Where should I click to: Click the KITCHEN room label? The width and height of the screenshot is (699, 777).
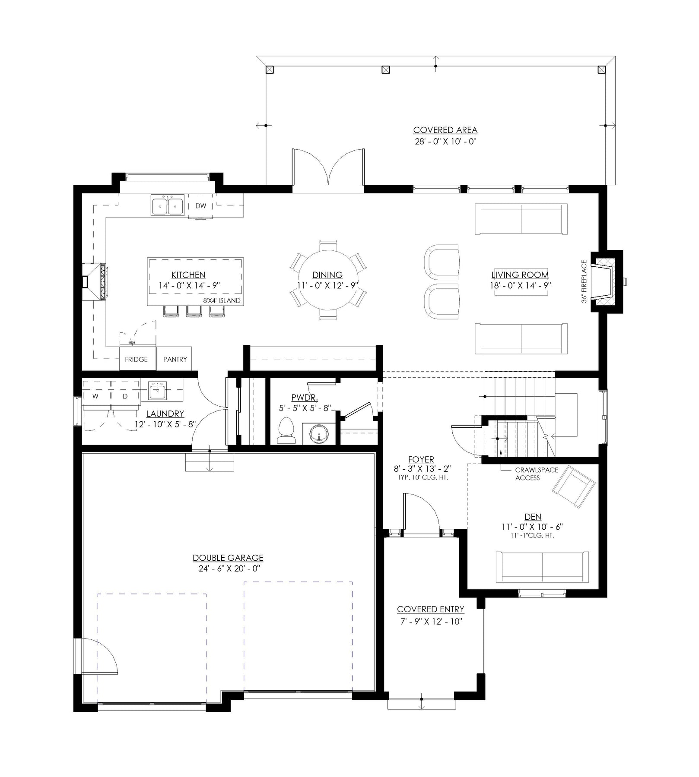pos(188,275)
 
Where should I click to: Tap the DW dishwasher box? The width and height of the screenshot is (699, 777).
pos(200,206)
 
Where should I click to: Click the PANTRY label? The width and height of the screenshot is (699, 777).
pos(175,359)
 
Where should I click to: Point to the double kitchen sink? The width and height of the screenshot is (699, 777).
pos(167,205)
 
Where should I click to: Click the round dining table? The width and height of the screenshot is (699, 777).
pos(328,280)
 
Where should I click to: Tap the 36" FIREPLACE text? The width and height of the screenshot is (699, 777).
pos(584,281)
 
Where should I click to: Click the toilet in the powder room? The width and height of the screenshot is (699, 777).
pos(286,431)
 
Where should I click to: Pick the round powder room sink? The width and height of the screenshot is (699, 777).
pos(319,434)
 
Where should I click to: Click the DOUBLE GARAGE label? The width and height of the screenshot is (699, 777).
pos(228,558)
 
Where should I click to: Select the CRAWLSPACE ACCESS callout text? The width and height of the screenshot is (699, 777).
pos(537,474)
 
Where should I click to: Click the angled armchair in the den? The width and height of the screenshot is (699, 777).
pos(574,486)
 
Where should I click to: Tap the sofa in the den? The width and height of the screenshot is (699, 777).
pos(542,566)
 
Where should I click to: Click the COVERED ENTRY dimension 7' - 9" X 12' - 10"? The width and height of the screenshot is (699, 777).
pos(431,622)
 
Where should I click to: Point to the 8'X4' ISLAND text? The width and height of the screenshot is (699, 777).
pos(222,300)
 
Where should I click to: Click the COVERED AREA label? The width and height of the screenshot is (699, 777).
pos(445,130)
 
